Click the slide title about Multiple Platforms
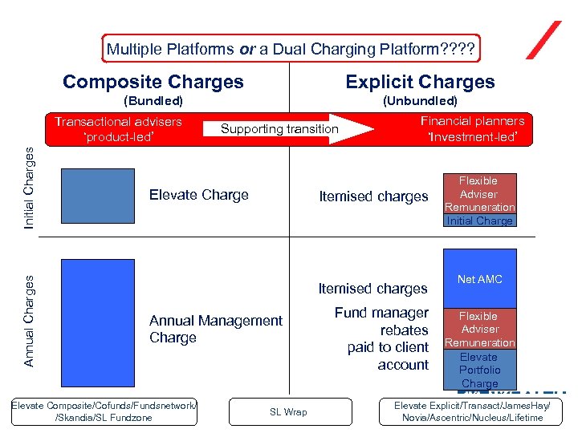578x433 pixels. point(291,50)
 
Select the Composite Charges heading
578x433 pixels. point(153,82)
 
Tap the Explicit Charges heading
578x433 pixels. point(420,82)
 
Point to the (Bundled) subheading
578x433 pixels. point(153,101)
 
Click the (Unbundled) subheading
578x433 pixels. point(420,101)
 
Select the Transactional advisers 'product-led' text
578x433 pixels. point(118,128)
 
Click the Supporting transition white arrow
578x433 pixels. point(289,128)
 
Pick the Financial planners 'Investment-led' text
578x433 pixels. point(472,128)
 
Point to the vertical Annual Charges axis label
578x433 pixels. point(29,321)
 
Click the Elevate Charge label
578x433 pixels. point(199,195)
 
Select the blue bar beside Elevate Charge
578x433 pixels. point(86,195)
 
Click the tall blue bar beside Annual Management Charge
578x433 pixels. point(86,318)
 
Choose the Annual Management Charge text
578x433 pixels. point(215,329)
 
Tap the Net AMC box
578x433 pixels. point(479,280)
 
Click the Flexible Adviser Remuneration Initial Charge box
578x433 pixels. point(479,200)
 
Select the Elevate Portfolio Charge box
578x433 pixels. point(479,370)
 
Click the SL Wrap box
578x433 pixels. point(287,412)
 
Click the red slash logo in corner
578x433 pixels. point(543,40)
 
